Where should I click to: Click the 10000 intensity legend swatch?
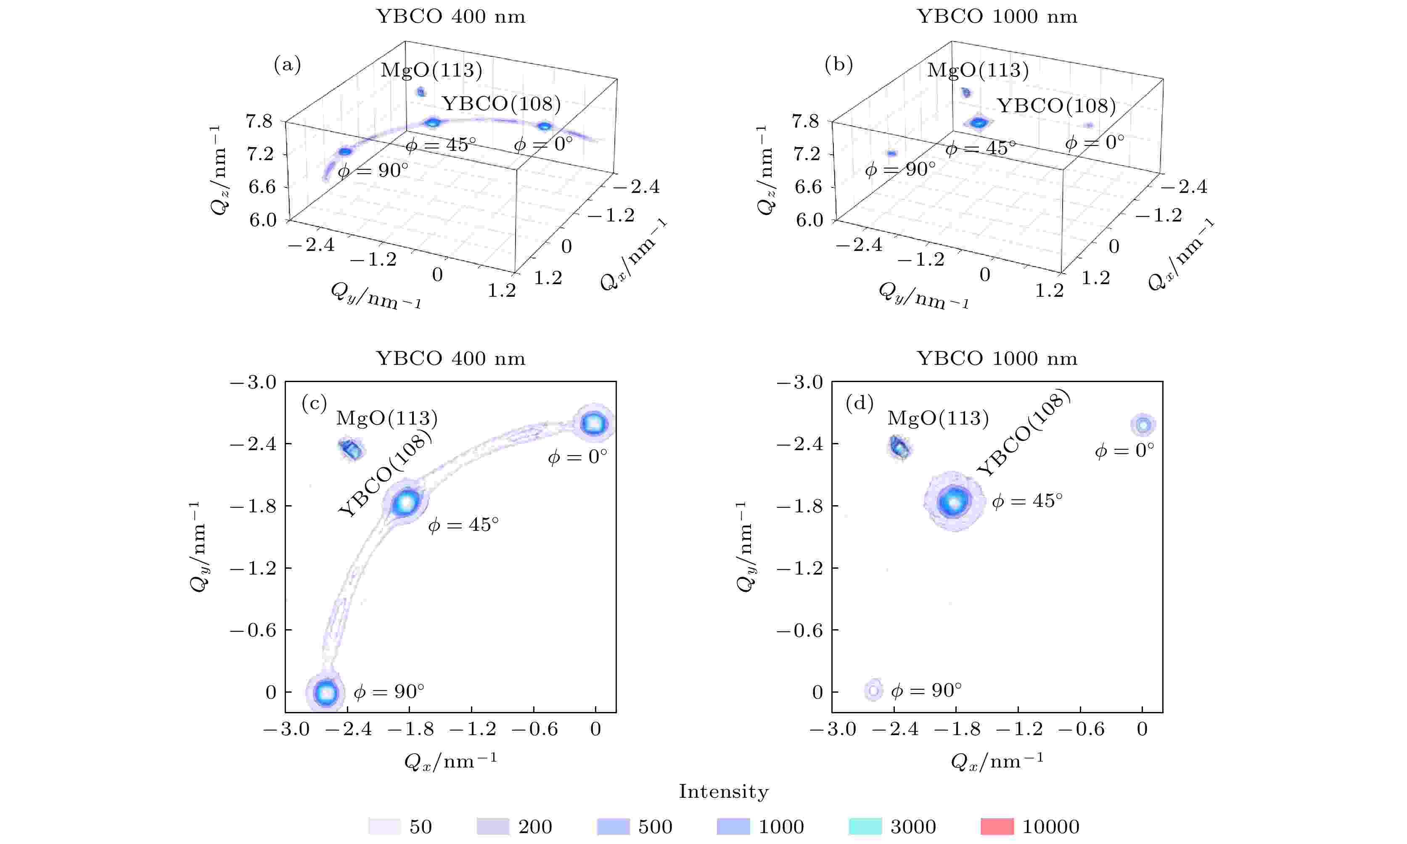(997, 826)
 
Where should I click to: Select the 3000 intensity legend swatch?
(865, 826)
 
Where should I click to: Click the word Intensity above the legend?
(723, 792)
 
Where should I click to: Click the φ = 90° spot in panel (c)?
(326, 693)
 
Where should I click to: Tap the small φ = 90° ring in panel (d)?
(873, 691)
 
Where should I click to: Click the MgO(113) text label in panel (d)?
(938, 419)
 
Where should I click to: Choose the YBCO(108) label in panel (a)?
(501, 104)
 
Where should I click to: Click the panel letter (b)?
(838, 66)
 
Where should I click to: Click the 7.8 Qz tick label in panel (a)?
(259, 121)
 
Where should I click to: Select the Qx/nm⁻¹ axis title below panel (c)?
(450, 760)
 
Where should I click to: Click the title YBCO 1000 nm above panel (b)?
(997, 16)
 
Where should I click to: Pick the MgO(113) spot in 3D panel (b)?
(966, 92)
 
